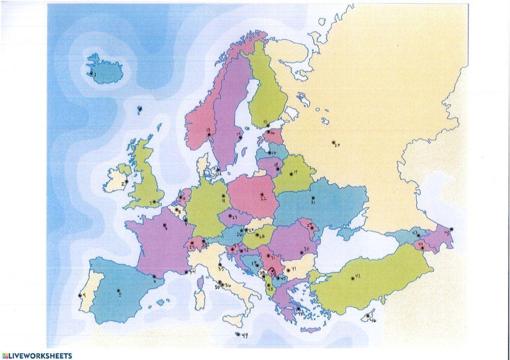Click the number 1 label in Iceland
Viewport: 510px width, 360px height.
point(95,74)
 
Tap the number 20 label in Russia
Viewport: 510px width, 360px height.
point(337,145)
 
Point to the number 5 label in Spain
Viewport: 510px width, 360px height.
point(120,295)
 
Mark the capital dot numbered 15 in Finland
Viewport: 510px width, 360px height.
point(268,125)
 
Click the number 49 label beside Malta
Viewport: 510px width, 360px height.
point(245,335)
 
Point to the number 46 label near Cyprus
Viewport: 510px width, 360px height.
point(373,320)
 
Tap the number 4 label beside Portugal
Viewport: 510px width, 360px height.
point(84,295)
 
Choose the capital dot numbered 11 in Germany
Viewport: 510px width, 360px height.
point(223,196)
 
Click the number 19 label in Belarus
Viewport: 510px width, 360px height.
point(295,172)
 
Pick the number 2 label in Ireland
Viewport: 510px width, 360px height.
point(123,184)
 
